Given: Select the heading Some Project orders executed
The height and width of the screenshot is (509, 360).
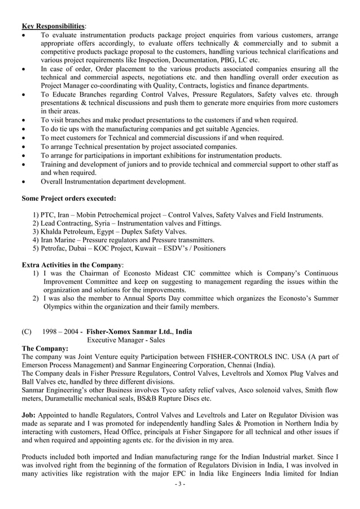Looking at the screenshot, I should tap(69, 199).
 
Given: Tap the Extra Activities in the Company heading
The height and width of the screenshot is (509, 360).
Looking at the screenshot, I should tap(72, 265).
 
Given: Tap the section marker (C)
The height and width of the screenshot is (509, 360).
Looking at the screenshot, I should tap(27, 332).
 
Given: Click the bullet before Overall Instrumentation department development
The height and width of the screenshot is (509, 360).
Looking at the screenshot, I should tap(24, 182).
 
